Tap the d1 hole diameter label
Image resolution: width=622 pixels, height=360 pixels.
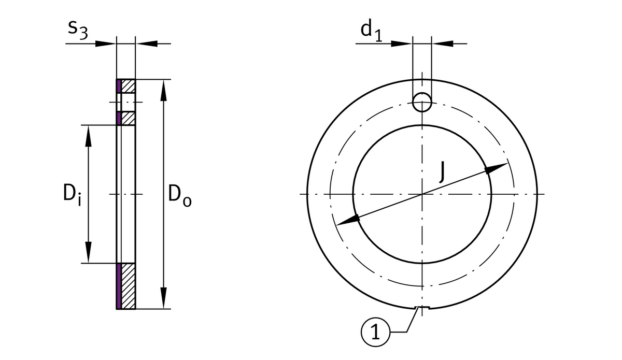[x=371, y=31]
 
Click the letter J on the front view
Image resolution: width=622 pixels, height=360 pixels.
[x=442, y=172]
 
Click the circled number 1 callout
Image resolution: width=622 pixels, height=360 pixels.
[x=375, y=332]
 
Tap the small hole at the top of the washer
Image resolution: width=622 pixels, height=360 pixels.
[x=422, y=102]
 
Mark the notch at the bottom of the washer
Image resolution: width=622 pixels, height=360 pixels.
[x=422, y=308]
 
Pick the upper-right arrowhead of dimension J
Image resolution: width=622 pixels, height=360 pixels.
[x=496, y=168]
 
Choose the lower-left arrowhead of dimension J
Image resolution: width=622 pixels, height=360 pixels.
[x=348, y=221]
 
